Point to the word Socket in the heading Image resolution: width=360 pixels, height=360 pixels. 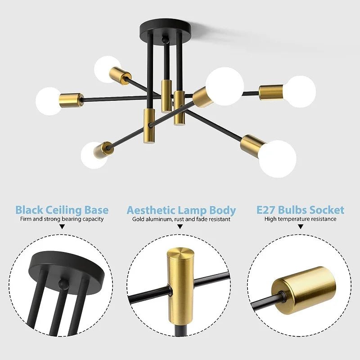[327, 210]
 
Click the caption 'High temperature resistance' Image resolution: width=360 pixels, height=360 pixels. [300, 219]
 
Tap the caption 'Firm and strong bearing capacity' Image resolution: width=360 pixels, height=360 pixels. [62, 219]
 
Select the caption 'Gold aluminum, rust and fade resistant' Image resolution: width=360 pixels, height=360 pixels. [181, 220]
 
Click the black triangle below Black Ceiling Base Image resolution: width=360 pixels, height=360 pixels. [62, 227]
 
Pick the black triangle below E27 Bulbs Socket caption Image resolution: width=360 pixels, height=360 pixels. [300, 227]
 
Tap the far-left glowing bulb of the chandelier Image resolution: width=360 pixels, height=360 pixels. [48, 100]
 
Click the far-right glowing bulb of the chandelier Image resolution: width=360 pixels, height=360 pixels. [301, 91]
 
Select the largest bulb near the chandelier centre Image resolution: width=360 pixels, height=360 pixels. [225, 86]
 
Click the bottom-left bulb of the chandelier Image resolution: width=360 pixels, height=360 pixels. [94, 155]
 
